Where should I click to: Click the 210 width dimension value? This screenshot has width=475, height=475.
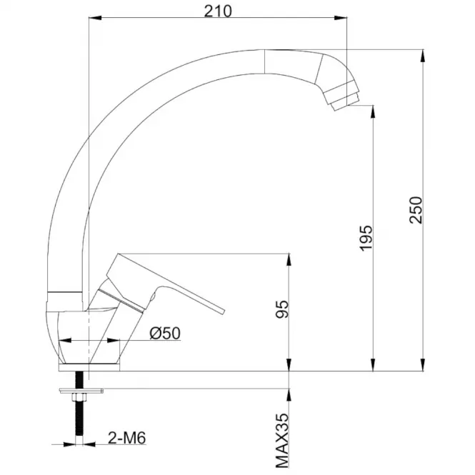pos(218,11)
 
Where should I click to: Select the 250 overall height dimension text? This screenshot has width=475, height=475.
pos(416,210)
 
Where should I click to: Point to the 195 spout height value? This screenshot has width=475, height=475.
pos(366,238)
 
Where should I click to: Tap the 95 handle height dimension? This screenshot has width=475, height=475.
pos(282,309)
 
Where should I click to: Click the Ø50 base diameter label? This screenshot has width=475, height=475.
pos(165,334)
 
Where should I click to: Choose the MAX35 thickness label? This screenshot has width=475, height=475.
pos(282,441)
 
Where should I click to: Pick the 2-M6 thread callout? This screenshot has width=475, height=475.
pos(127,438)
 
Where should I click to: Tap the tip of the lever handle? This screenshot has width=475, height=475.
pos(223,312)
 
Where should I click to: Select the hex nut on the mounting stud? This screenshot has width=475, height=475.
pos(79,397)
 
